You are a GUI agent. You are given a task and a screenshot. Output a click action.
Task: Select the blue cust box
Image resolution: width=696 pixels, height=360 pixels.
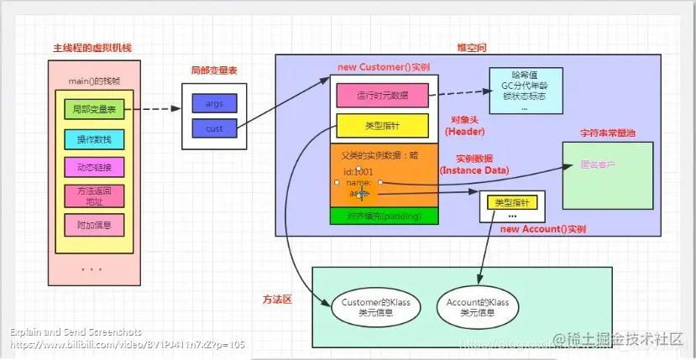coord(214,128)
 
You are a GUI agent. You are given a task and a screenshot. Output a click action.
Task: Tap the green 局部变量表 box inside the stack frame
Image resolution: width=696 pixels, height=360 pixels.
coord(94,109)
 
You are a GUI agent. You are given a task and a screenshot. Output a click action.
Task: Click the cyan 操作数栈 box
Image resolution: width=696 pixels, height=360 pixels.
coord(94,138)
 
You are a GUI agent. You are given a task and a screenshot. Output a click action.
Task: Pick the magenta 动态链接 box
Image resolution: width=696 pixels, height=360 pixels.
coord(94,166)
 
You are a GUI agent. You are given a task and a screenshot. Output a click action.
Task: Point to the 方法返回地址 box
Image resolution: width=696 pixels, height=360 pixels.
coord(94,196)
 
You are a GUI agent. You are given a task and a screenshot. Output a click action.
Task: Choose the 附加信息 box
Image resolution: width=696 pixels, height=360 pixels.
coord(94,225)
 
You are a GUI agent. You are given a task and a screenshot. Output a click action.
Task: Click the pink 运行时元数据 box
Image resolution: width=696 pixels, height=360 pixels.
coord(383,96)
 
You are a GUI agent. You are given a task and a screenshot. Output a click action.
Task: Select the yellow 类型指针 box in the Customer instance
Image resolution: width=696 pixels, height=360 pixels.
coord(383,125)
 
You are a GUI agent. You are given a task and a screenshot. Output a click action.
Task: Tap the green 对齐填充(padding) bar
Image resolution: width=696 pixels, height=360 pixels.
coord(385,216)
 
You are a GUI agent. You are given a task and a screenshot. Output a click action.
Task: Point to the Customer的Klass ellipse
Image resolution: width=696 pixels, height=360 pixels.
coord(370,306)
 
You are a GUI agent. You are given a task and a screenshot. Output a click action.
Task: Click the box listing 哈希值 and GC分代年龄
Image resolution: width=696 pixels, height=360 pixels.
coord(526,91)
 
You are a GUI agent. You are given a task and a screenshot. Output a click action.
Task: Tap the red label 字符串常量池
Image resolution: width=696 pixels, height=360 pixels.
coord(607,133)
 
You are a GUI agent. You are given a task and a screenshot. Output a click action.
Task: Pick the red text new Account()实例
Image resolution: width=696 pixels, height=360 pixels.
coord(542,228)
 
